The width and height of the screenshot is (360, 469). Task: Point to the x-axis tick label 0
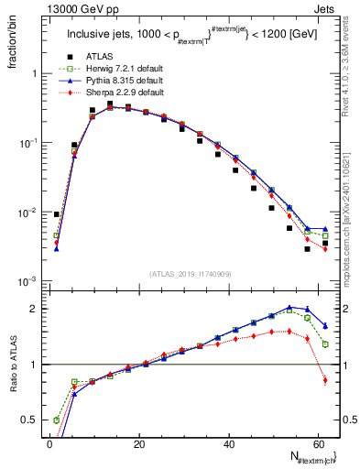[49, 442]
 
